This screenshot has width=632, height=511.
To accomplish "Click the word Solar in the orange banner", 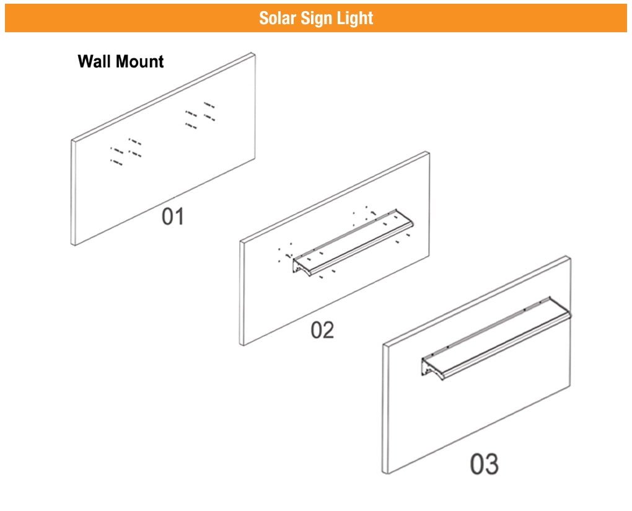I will click(x=278, y=18).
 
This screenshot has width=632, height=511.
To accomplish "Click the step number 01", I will click(x=173, y=217).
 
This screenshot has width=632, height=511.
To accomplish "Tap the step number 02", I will click(x=322, y=330).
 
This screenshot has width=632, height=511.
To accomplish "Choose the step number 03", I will click(x=484, y=463).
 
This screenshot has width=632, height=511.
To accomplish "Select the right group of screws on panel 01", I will click(x=200, y=115).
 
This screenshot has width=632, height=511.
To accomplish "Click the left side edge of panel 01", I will click(x=73, y=192).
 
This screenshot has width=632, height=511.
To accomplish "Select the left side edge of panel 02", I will click(x=242, y=293).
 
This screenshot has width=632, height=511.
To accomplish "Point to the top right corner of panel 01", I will click(x=253, y=55).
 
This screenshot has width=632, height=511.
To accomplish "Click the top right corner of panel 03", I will click(x=568, y=258).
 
